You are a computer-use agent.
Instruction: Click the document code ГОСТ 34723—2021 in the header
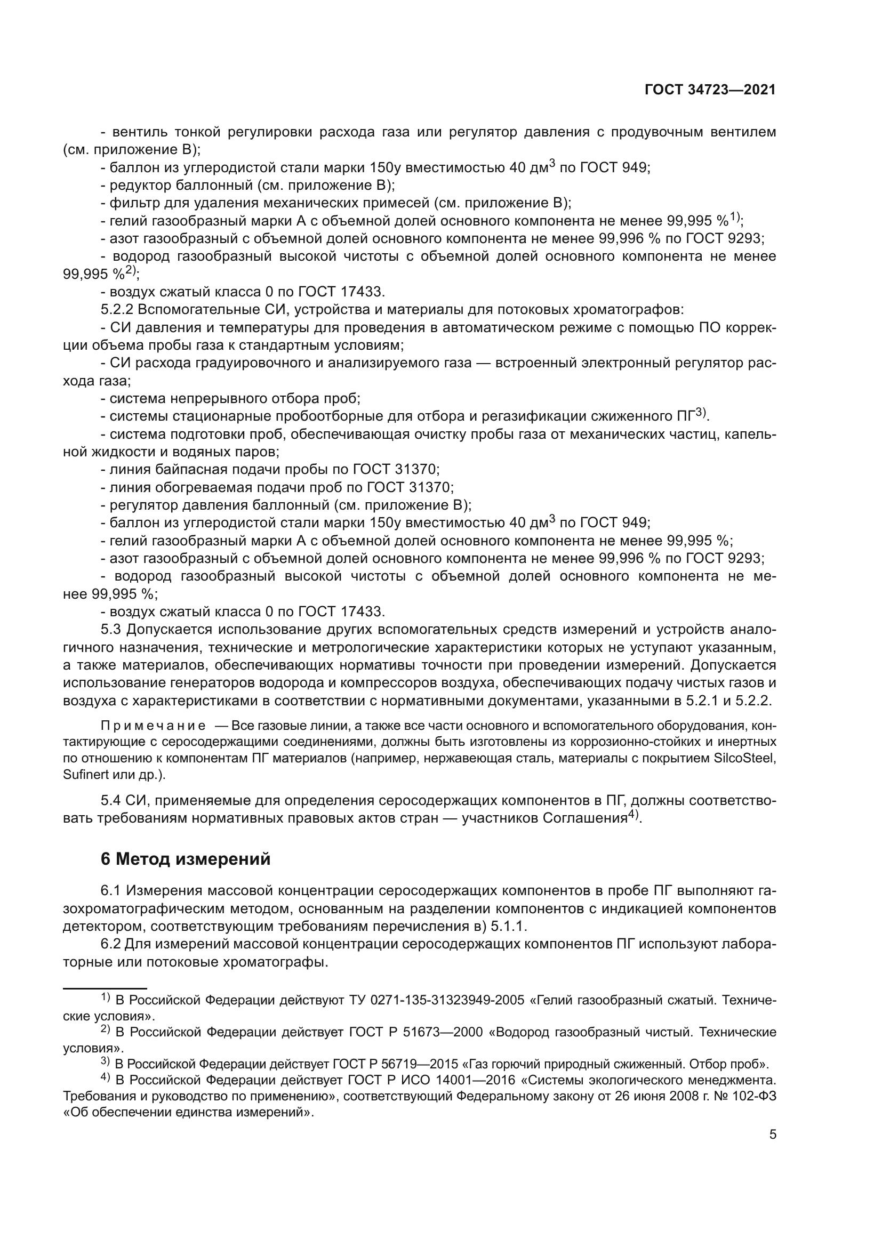click(x=710, y=90)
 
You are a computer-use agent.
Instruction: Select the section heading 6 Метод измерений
click(x=185, y=859)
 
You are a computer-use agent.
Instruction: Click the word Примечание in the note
click(x=153, y=726)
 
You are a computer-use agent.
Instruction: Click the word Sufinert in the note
click(x=81, y=775)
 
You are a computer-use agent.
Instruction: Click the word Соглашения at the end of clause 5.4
click(x=585, y=818)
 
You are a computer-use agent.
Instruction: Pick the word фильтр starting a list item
click(x=128, y=203)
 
